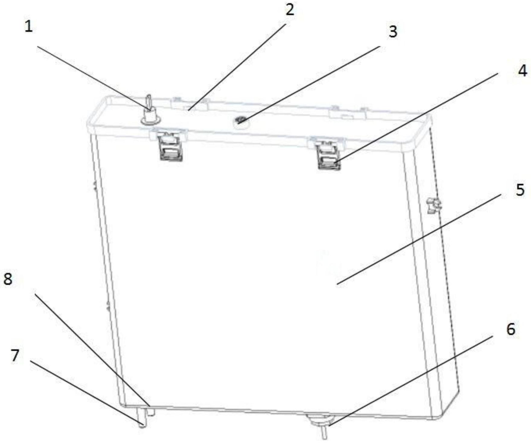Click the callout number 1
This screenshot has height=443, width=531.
pyautogui.click(x=28, y=27)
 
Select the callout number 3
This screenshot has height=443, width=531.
pyautogui.click(x=392, y=31)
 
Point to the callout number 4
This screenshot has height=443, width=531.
pyautogui.click(x=522, y=71)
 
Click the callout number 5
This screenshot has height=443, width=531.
pyautogui.click(x=520, y=190)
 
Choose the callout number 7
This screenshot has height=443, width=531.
pyautogui.click(x=15, y=355)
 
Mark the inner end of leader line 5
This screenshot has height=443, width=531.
pyautogui.click(x=337, y=284)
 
